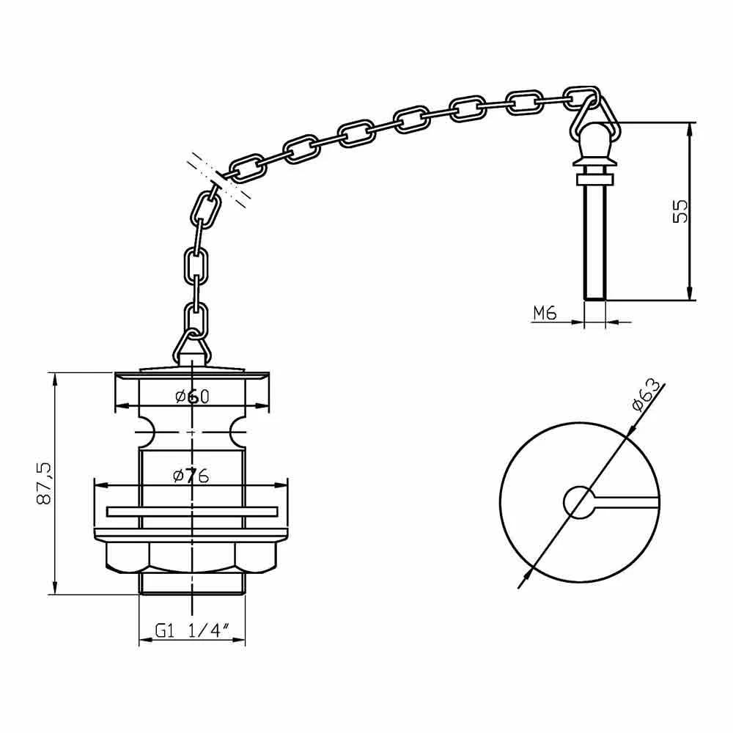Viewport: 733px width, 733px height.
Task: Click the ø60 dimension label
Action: (x=192, y=397)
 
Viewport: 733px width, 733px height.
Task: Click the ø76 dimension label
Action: (x=192, y=476)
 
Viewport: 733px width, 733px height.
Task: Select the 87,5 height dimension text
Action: (x=43, y=484)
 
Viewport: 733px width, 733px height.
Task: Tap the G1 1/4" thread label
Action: (x=192, y=630)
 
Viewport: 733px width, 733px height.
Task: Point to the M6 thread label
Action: (x=544, y=313)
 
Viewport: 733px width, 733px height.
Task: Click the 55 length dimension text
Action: (x=680, y=211)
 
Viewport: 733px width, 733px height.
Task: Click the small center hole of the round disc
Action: (x=578, y=501)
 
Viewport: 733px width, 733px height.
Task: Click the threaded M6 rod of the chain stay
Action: (x=595, y=242)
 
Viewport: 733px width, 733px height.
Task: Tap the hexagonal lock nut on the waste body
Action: (x=192, y=557)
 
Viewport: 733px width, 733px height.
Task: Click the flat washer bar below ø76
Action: (x=192, y=511)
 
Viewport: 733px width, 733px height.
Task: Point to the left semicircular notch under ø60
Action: (x=145, y=432)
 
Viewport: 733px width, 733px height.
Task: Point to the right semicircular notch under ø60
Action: (x=239, y=432)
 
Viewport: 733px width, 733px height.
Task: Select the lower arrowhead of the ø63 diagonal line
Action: (x=523, y=581)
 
